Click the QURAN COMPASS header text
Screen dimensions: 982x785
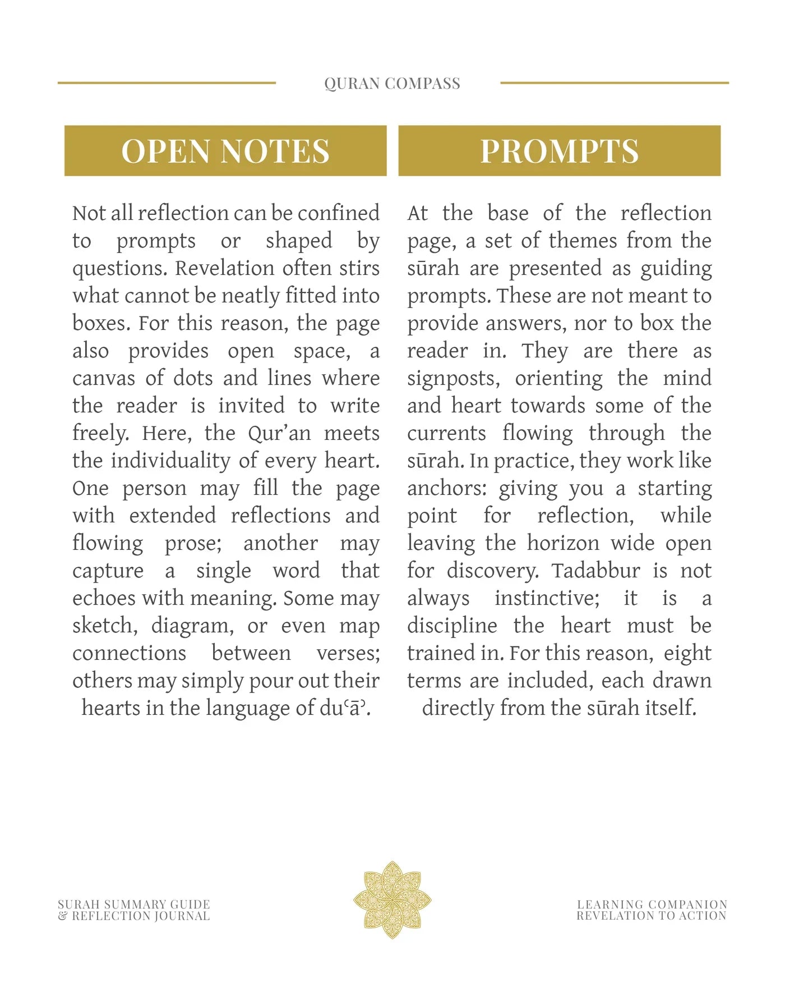click(x=392, y=84)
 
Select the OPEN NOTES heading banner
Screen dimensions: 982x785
click(x=225, y=150)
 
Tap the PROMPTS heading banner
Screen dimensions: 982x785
click(x=559, y=150)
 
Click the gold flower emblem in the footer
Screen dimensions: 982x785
click(x=392, y=900)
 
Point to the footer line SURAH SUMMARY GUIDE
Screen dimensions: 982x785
click(x=134, y=904)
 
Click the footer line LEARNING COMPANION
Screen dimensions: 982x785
click(x=652, y=904)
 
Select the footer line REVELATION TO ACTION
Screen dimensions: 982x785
click(x=652, y=916)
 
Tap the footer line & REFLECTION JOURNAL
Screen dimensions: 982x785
click(x=134, y=916)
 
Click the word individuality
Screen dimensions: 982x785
click(x=170, y=461)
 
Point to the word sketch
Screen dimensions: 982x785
click(x=104, y=625)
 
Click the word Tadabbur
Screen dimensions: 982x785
click(x=595, y=571)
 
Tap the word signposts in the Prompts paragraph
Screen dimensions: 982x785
click(x=453, y=379)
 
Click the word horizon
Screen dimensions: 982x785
click(x=562, y=543)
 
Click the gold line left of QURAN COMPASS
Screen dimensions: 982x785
click(x=167, y=83)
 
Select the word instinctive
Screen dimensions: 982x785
click(x=547, y=598)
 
